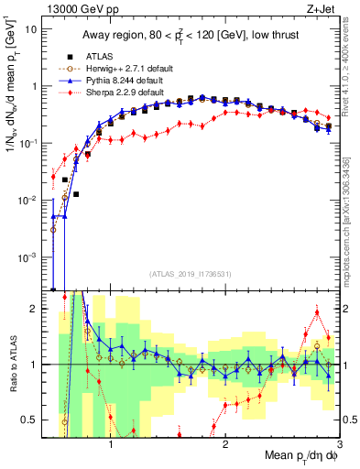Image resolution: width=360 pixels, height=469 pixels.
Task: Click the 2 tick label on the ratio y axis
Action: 32,310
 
